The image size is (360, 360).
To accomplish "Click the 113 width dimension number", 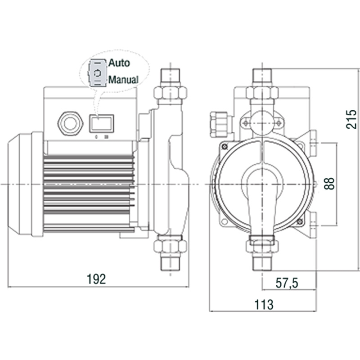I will coord(264,305).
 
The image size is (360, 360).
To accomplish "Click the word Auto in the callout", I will coord(119,63).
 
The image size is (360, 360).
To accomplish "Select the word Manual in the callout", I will coord(123,80).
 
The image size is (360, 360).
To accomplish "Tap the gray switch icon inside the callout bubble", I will coord(96,72).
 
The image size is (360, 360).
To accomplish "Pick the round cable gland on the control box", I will coord(70,122).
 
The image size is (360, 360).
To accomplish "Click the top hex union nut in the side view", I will coord(170,93).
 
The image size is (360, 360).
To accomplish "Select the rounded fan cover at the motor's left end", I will coord(20,184).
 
